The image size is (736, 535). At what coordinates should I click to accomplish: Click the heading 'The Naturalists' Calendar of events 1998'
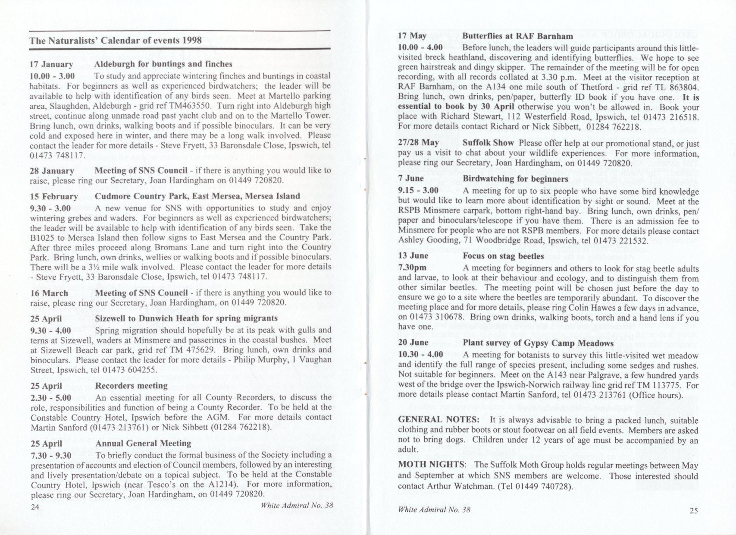tap(116, 41)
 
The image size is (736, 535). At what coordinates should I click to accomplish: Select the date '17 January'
tap(52, 64)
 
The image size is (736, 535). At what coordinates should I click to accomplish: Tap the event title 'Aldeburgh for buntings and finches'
tap(163, 64)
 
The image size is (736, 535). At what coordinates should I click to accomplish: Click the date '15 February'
tap(53, 196)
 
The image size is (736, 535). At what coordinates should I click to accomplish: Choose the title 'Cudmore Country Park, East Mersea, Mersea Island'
tap(197, 196)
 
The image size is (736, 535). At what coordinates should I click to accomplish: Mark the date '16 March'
tap(49, 293)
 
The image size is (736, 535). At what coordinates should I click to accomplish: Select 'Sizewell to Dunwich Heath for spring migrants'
tap(186, 319)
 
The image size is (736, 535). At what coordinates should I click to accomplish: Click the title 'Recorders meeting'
tap(131, 386)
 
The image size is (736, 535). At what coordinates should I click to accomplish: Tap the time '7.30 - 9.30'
tap(51, 455)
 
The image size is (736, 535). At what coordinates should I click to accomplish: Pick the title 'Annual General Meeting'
tap(143, 444)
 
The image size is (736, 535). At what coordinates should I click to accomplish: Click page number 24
tap(35, 507)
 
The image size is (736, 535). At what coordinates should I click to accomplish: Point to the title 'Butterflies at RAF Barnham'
tap(518, 36)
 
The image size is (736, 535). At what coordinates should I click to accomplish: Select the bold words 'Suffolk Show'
tap(488, 143)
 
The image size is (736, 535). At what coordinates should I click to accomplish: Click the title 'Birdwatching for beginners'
tap(516, 179)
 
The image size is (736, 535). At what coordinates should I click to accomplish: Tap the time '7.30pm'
tap(412, 267)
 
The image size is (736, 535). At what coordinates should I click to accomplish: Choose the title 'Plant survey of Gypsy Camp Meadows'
tap(538, 343)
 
